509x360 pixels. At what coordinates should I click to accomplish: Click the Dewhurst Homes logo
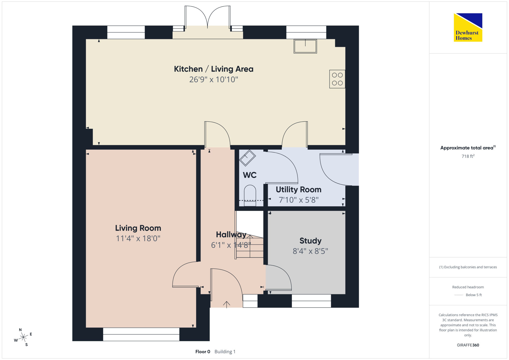pos(468,27)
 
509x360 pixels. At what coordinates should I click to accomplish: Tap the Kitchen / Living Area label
pos(214,69)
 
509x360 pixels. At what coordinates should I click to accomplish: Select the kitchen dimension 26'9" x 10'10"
pos(214,79)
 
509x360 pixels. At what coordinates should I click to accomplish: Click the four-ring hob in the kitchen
pos(337,79)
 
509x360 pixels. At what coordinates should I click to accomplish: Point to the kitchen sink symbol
pos(305,46)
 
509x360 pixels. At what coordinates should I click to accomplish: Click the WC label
pos(250,175)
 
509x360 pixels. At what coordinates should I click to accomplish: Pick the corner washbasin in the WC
pos(247,158)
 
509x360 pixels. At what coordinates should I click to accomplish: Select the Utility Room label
pos(299,190)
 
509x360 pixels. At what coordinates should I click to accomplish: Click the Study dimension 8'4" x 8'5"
pos(310,251)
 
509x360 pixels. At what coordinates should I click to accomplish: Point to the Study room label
pos(310,241)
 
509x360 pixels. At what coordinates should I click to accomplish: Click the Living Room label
pos(138,228)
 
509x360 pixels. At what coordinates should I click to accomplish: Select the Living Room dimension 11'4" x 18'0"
pos(138,238)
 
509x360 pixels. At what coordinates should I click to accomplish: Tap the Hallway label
pos(231,234)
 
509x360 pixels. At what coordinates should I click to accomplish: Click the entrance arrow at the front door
pos(227,304)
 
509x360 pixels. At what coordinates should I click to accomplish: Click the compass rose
pos(23,337)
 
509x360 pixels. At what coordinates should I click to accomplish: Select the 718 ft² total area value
pos(468,156)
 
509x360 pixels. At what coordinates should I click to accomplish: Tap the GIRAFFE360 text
pos(468,345)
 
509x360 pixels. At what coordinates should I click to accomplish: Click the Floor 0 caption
pos(203,352)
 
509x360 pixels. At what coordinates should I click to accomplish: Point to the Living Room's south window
pos(141,334)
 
